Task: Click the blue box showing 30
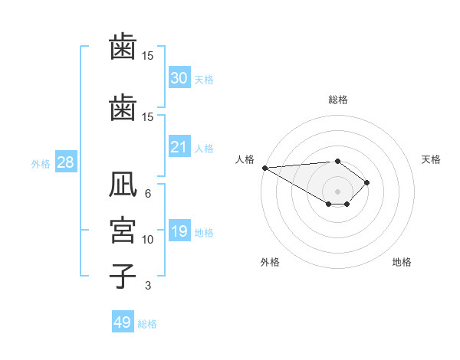179,78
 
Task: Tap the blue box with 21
179,147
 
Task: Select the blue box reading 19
179,232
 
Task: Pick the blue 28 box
65,162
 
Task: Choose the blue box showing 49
123,322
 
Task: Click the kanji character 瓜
123,185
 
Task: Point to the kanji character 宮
123,231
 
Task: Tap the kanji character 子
123,274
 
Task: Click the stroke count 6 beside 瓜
148,194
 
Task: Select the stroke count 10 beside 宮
148,240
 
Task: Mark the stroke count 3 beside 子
148,286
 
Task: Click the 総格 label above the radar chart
338,100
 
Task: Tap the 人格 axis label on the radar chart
245,159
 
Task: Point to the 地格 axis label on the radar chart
402,262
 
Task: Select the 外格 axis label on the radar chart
270,262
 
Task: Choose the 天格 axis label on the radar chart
432,159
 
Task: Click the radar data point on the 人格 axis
264,168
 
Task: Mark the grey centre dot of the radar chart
337,191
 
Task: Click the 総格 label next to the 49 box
147,323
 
